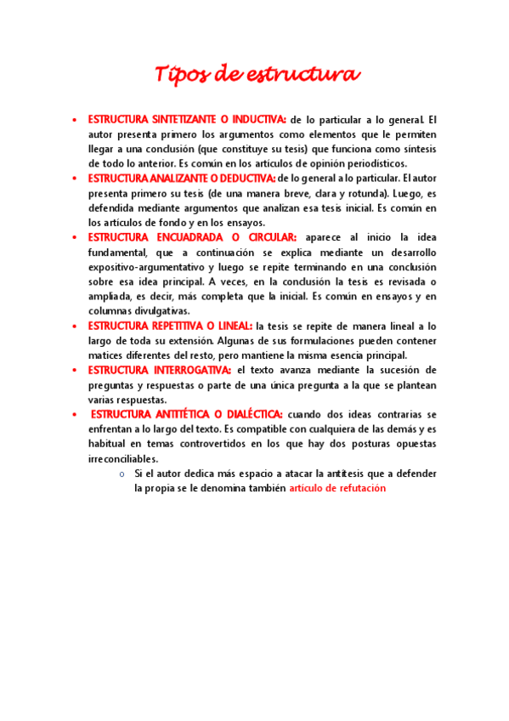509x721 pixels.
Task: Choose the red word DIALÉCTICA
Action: pyautogui.click(x=247, y=414)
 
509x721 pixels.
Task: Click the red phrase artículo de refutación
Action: pyautogui.click(x=337, y=489)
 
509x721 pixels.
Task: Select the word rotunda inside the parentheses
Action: pyautogui.click(x=341, y=193)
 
